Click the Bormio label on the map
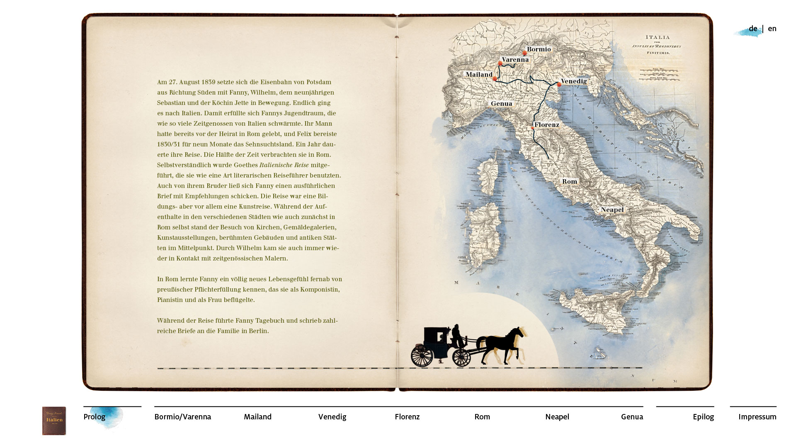pyautogui.click(x=539, y=49)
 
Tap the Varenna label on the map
pyautogui.click(x=515, y=60)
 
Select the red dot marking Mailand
pyautogui.click(x=495, y=79)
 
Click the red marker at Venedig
pyautogui.click(x=559, y=85)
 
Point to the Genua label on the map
pyautogui.click(x=501, y=104)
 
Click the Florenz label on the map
pyautogui.click(x=546, y=125)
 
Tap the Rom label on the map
pyautogui.click(x=569, y=182)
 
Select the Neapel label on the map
pyautogui.click(x=612, y=210)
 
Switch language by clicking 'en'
pyautogui.click(x=772, y=29)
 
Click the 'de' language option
pyautogui.click(x=752, y=29)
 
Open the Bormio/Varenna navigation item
pyautogui.click(x=182, y=417)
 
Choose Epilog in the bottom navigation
pyautogui.click(x=703, y=417)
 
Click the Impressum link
pyautogui.click(x=757, y=417)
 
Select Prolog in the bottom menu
pyautogui.click(x=95, y=417)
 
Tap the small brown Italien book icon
pyautogui.click(x=54, y=421)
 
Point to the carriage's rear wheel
pyautogui.click(x=422, y=355)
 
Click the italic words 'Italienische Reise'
pyautogui.click(x=284, y=165)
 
